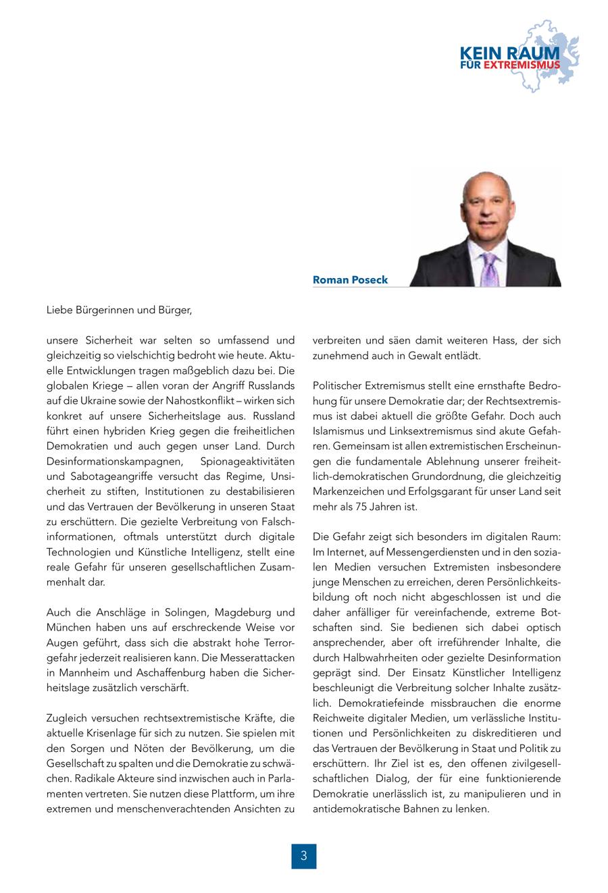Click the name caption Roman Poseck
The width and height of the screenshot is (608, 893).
click(x=350, y=279)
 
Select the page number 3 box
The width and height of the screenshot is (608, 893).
click(x=304, y=856)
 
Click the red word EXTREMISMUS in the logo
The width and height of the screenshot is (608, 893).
click(x=522, y=65)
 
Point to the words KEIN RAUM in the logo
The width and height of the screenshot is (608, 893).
click(x=509, y=53)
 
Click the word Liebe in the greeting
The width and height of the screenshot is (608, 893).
click(x=59, y=310)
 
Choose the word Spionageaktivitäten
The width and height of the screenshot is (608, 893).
click(x=247, y=461)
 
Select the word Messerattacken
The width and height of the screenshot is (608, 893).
click(x=257, y=657)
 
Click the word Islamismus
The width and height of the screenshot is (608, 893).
click(x=340, y=431)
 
